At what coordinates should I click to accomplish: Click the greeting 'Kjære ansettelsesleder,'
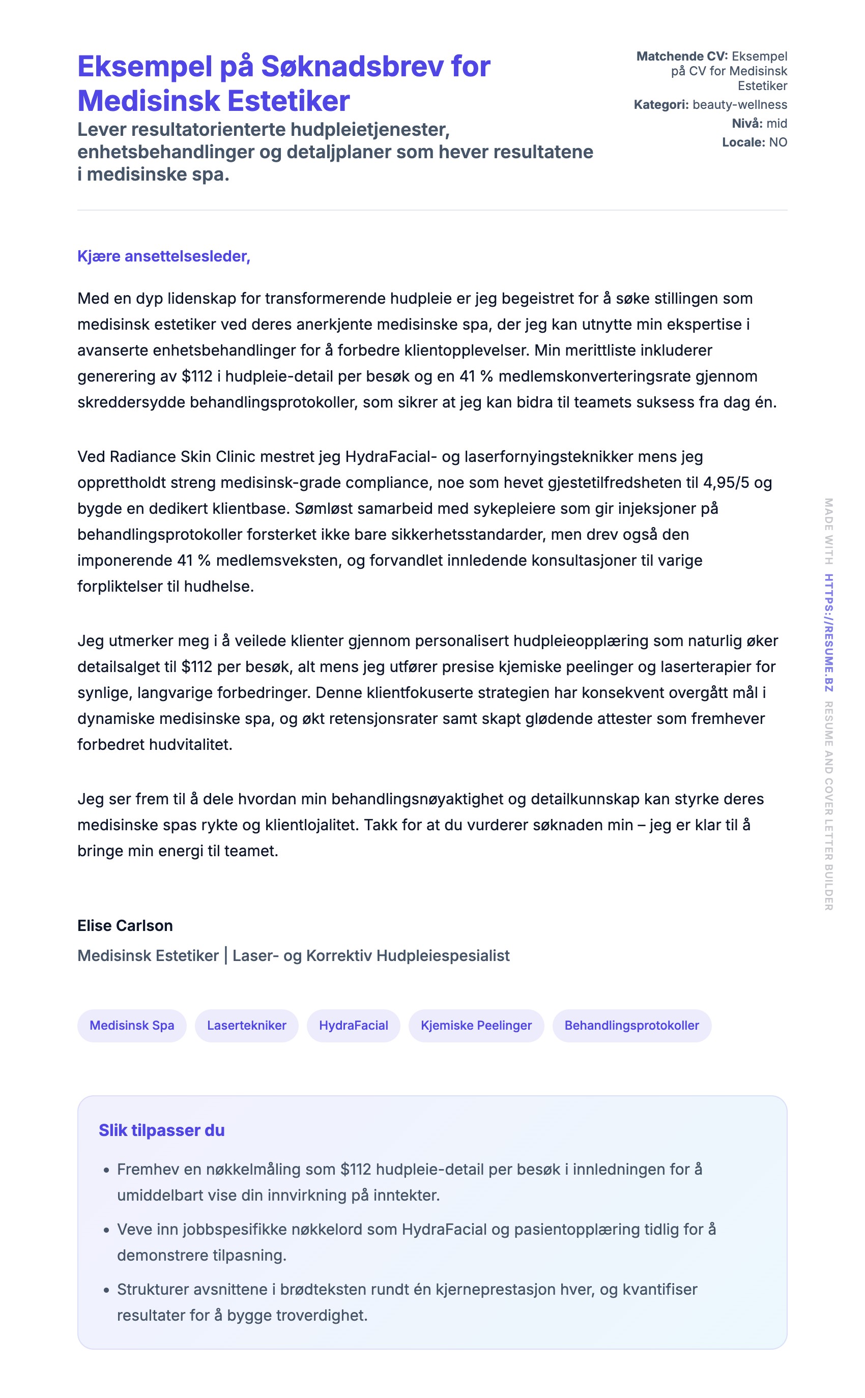[164, 256]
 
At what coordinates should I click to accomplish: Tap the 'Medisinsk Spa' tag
[132, 1025]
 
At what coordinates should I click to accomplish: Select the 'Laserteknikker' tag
[247, 1025]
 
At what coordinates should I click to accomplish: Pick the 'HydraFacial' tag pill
[354, 1025]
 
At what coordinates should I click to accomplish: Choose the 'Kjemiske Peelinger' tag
[476, 1025]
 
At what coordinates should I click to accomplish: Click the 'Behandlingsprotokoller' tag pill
[631, 1025]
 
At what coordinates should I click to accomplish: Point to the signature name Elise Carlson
[125, 925]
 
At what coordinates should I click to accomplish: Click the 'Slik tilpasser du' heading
[161, 1130]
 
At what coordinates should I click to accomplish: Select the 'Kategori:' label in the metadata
[661, 105]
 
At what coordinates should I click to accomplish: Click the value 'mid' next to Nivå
[777, 124]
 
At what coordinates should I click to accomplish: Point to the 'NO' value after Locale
[778, 142]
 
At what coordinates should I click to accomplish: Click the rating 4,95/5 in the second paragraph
[726, 483]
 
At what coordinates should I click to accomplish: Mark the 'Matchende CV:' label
[682, 56]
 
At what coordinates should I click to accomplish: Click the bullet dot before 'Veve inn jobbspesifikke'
[106, 1230]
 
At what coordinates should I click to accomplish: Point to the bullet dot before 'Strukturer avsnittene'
[106, 1290]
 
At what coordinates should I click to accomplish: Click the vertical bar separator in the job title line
[226, 955]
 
